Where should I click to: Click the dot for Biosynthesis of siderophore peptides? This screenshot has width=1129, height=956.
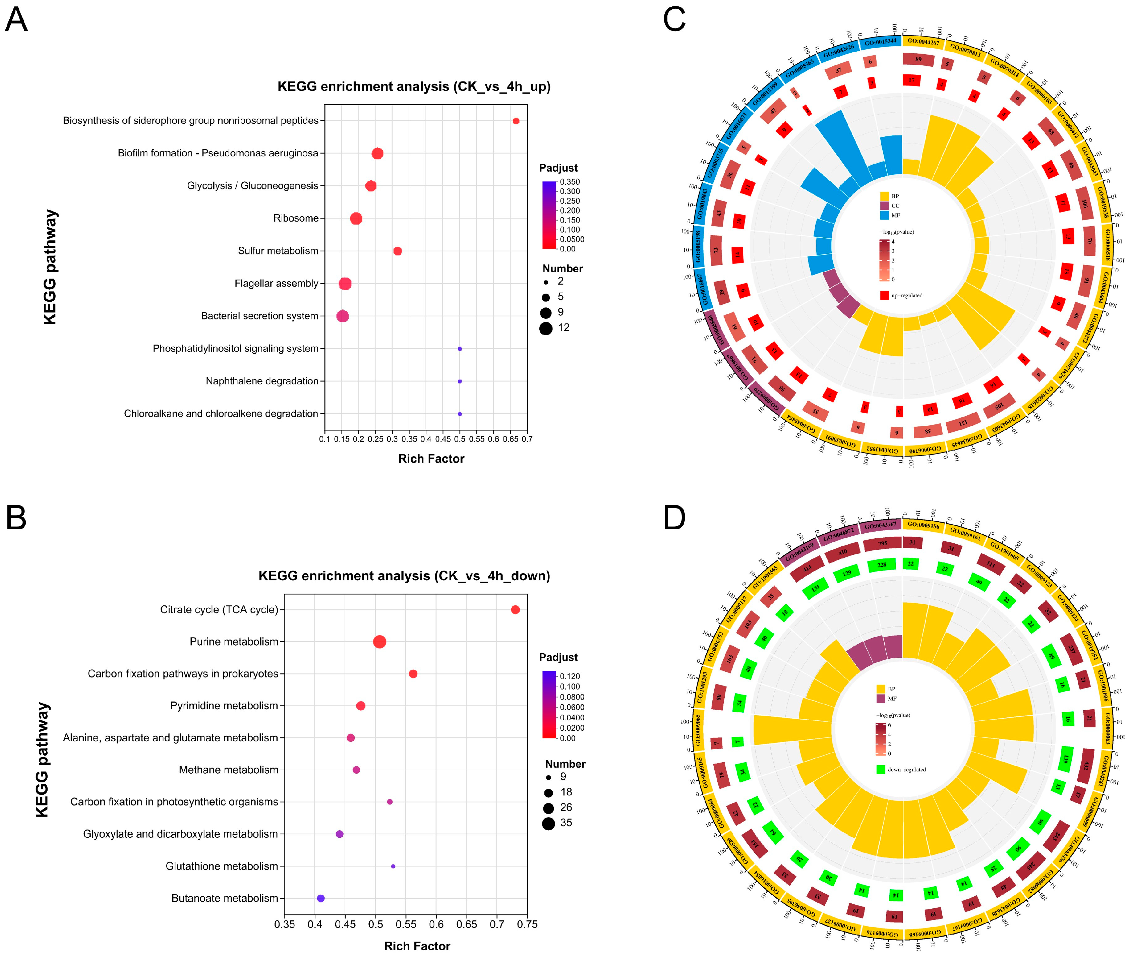click(x=516, y=121)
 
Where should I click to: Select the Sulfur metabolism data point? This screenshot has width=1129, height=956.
click(x=397, y=251)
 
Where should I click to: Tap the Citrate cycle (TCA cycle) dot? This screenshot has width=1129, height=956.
click(x=515, y=610)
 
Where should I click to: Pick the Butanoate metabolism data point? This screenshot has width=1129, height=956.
click(x=320, y=898)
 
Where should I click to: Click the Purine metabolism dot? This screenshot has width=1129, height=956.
click(x=379, y=642)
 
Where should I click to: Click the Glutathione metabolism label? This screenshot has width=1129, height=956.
click(x=222, y=866)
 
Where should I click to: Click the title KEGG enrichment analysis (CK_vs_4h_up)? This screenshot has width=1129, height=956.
click(x=414, y=87)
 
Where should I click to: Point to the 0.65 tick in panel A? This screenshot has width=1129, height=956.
click(x=510, y=439)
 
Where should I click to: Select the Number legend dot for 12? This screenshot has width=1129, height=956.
click(x=546, y=328)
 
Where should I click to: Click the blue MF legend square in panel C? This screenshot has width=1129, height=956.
click(x=885, y=215)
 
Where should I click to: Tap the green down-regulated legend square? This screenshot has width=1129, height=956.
click(x=880, y=769)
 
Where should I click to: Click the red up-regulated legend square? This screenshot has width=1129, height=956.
click(x=885, y=295)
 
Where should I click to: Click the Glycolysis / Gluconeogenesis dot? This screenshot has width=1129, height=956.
click(x=371, y=186)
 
